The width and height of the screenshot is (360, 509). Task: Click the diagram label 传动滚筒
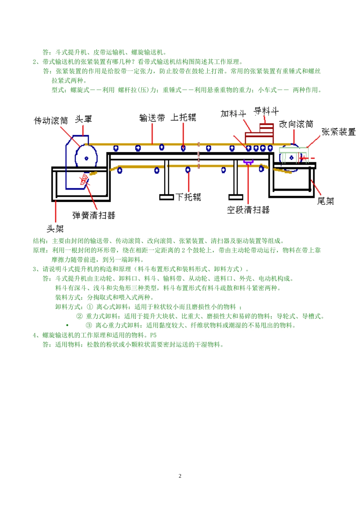click(x=51, y=120)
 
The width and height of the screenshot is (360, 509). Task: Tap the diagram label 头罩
click(x=83, y=119)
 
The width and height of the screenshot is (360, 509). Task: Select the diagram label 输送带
click(x=152, y=118)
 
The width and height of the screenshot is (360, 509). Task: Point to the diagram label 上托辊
click(x=183, y=117)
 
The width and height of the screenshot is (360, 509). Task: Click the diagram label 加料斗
click(x=233, y=114)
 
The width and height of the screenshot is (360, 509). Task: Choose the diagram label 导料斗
click(x=266, y=111)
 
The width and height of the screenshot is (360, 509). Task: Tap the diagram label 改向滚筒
click(x=296, y=124)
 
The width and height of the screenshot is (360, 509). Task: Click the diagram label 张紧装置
click(x=338, y=132)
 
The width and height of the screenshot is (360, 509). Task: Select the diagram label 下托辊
click(x=188, y=197)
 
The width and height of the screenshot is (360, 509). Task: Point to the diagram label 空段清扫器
click(x=248, y=210)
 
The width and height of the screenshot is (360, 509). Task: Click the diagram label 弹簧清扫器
click(x=94, y=215)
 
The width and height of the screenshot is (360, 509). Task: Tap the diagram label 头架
click(x=55, y=229)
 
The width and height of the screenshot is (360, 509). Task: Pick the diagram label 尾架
click(x=325, y=201)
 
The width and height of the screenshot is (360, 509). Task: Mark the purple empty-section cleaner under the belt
click(x=249, y=162)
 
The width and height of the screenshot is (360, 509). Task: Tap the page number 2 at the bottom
click(x=180, y=476)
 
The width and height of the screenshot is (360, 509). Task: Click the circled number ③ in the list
click(x=89, y=325)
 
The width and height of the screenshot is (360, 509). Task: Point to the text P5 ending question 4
click(x=153, y=335)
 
